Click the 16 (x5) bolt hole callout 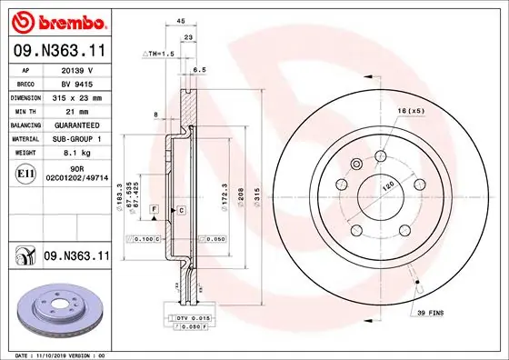(x=411, y=112)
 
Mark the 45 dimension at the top (x=181, y=20)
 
